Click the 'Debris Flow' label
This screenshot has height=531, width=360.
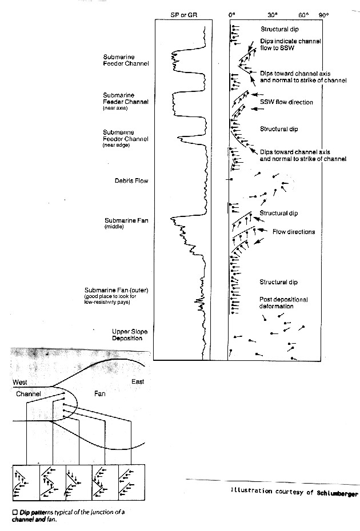[131, 181]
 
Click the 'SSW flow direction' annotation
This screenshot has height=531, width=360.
[286, 102]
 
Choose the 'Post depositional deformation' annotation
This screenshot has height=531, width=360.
[283, 303]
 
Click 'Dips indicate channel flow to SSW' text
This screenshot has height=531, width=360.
[290, 45]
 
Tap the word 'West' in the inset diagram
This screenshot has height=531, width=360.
[21, 381]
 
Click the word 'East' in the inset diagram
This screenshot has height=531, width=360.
[137, 381]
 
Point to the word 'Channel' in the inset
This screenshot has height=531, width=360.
[28, 393]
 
